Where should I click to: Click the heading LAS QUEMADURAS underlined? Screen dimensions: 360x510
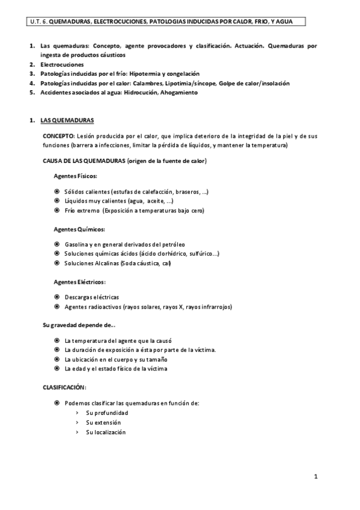click(x=67, y=120)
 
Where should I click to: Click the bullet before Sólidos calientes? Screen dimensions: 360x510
click(x=56, y=192)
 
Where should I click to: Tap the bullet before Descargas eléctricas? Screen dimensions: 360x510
click(x=56, y=297)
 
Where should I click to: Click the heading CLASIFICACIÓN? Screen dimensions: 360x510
click(x=64, y=387)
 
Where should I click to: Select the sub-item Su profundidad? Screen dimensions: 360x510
click(x=107, y=413)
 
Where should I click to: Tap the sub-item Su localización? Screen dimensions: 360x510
click(x=106, y=432)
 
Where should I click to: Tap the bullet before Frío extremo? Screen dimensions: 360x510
click(x=56, y=210)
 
